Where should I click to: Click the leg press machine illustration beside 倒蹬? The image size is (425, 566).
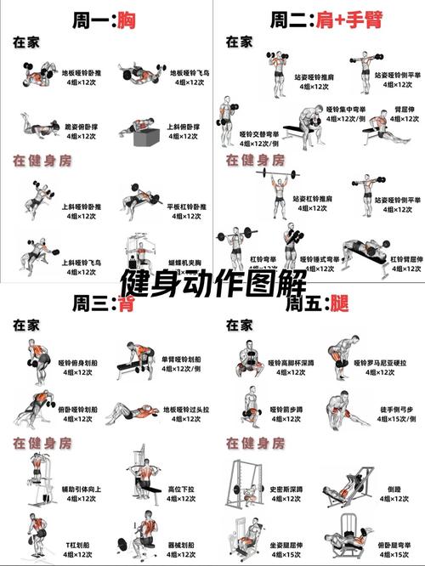[x=350, y=489]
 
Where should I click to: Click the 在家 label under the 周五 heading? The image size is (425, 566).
[x=239, y=325]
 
